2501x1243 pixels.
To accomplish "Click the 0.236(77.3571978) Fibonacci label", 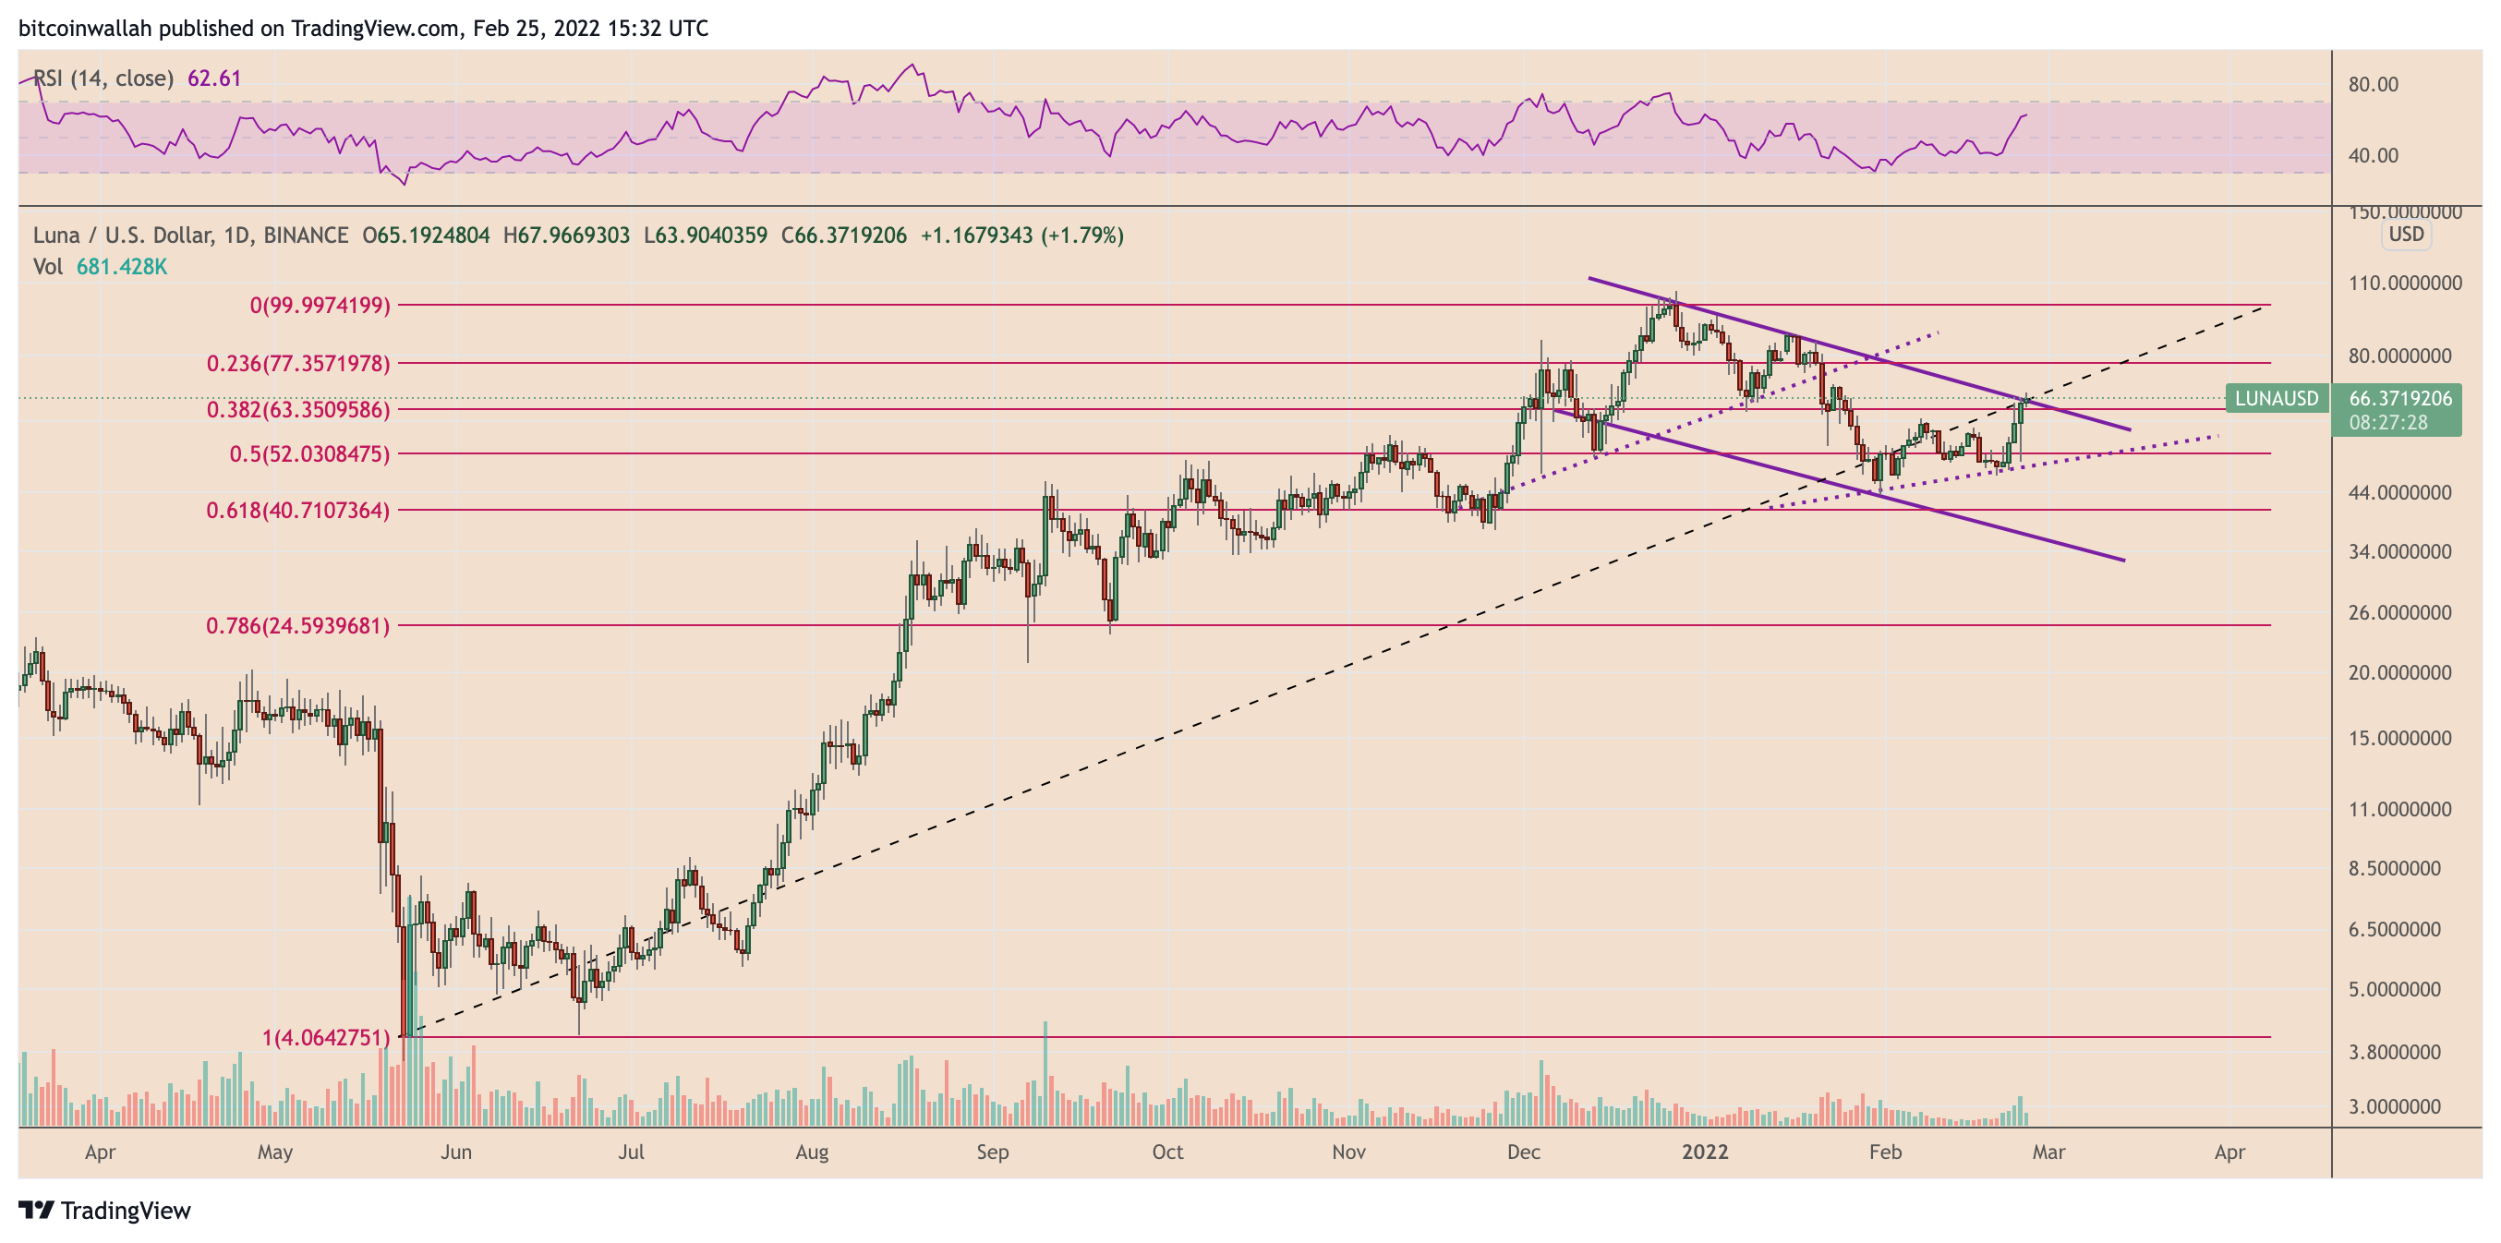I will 297,363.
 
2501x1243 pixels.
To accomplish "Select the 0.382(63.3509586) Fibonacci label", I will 297,410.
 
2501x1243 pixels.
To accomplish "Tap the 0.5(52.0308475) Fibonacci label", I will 308,454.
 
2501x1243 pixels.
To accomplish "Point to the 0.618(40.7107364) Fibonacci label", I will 297,511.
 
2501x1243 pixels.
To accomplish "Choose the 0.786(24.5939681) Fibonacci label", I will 297,626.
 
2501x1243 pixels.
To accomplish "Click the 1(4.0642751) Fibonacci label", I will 325,1038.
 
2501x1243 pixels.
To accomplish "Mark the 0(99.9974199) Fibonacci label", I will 320,306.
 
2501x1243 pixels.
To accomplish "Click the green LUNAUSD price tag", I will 2275,398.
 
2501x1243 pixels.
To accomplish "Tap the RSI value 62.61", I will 213,78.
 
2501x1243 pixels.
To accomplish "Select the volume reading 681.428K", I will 121,267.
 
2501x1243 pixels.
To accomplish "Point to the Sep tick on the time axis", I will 992,1152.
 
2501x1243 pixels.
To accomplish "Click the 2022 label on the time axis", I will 1705,1152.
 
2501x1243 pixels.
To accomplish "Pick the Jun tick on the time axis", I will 455,1152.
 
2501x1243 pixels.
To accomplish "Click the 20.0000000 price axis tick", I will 2399,673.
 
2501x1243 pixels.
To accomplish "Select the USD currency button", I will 2406,234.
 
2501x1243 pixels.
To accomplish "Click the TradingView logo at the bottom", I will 105,1211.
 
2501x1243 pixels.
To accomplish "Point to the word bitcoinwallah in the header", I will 84,28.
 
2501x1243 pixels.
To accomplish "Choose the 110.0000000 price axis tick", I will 2404,284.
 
